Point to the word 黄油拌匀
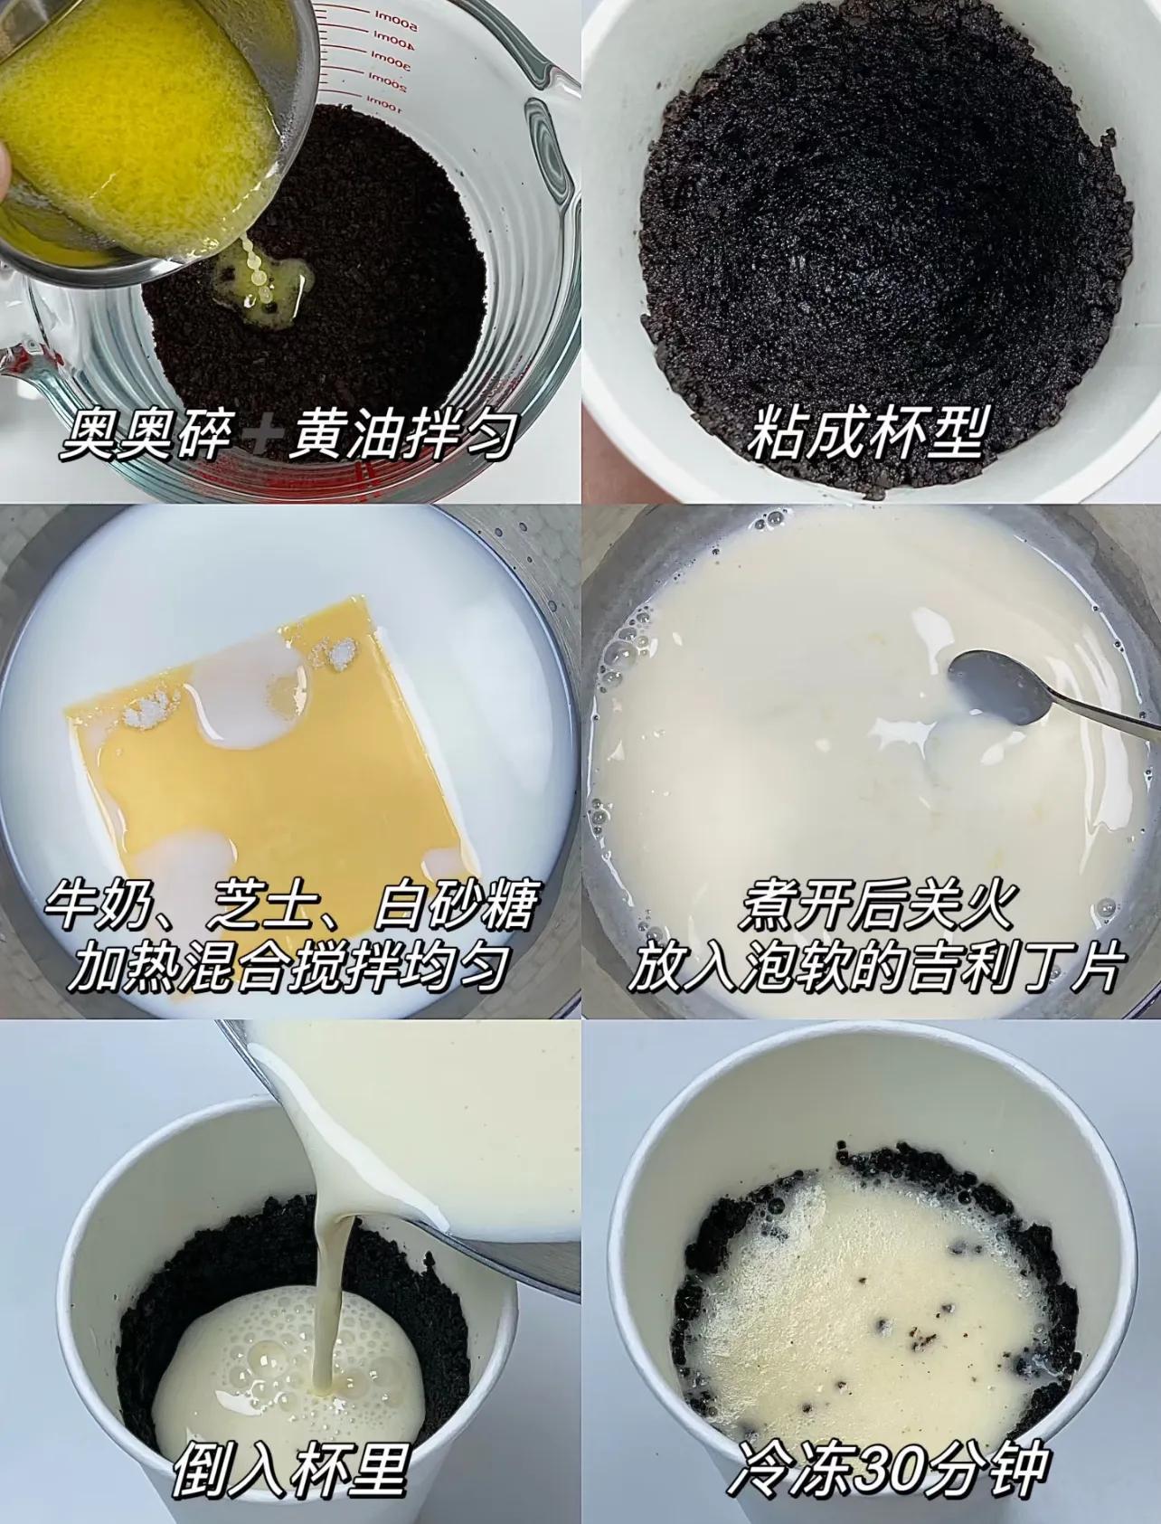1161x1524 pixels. [x=403, y=436]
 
